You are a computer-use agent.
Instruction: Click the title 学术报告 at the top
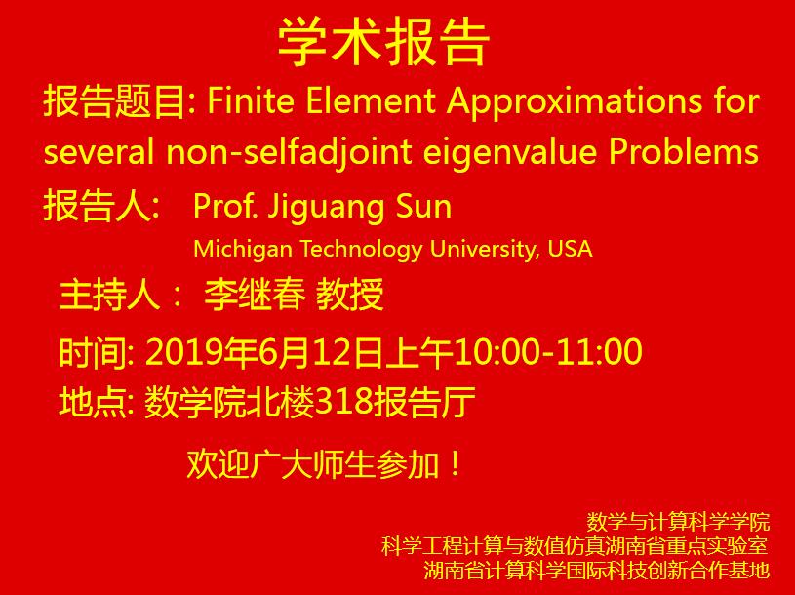(384, 42)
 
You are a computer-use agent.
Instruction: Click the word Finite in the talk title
(239, 101)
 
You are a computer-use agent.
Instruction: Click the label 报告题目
(111, 101)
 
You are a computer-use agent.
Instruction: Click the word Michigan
(241, 249)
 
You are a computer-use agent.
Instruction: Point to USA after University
(570, 248)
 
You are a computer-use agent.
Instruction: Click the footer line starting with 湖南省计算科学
(597, 570)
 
